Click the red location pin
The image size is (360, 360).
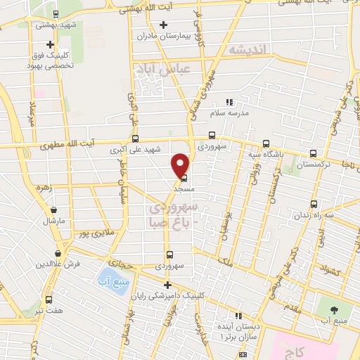tap(181, 165)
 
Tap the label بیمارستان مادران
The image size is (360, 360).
tap(145, 35)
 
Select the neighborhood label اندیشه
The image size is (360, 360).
tap(248, 50)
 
